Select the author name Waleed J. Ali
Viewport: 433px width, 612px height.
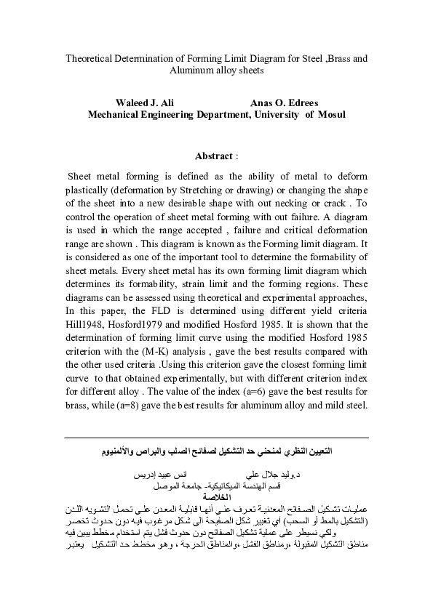pyautogui.click(x=144, y=102)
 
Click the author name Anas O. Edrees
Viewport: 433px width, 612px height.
pyautogui.click(x=284, y=102)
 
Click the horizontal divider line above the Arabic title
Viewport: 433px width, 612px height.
pyautogui.click(x=216, y=438)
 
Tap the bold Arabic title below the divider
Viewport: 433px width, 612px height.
pyautogui.click(x=216, y=451)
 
